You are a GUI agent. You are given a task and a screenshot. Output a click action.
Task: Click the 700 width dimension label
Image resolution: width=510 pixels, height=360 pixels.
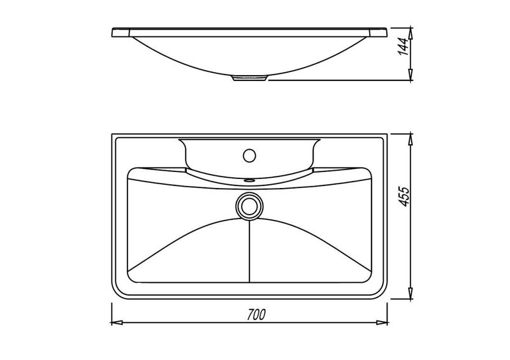[256, 315]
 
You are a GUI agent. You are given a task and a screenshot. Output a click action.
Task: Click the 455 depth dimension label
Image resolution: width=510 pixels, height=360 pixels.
[404, 196]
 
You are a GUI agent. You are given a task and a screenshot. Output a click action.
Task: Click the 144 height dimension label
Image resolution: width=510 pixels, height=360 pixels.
[404, 47]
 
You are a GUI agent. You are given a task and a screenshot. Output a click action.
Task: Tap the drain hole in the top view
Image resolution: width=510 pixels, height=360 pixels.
[249, 206]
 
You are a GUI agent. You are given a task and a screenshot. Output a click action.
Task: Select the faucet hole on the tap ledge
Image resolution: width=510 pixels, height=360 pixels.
[249, 155]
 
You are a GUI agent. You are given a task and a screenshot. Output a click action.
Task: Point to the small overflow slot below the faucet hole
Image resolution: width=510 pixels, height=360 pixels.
[249, 179]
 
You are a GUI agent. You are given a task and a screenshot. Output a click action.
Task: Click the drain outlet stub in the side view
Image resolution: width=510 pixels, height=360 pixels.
[250, 78]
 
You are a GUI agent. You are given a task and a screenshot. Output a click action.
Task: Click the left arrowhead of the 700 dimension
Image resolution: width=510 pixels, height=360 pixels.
[117, 323]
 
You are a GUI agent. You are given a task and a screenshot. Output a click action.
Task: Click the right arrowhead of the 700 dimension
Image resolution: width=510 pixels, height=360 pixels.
[382, 323]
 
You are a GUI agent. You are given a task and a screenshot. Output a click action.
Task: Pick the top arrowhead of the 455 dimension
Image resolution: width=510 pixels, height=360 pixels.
[411, 139]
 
